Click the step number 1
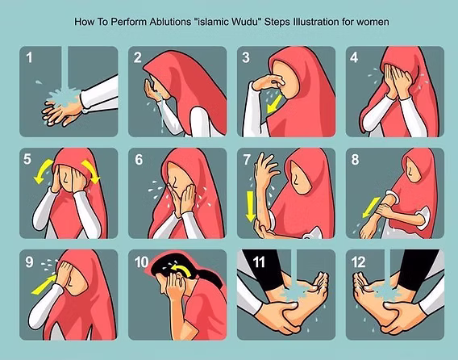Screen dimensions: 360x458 (30, 58)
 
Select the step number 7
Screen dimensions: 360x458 (248, 160)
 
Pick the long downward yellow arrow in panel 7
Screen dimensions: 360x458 (251, 207)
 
